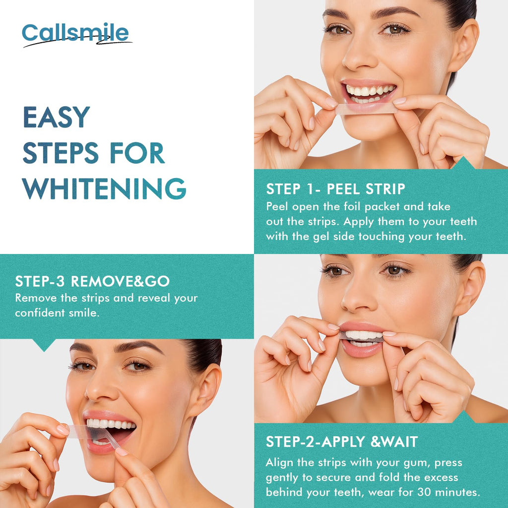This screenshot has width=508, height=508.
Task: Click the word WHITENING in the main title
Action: coord(104,189)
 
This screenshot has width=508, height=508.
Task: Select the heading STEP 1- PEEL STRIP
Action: coord(335,189)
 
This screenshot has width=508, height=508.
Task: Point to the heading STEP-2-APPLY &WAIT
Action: coord(342,442)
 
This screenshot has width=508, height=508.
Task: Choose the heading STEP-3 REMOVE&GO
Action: coord(92,281)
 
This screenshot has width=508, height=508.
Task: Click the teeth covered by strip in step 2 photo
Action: coord(362,335)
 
